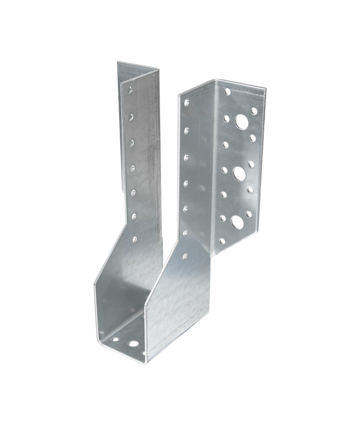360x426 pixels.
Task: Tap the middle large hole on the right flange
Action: [239, 172]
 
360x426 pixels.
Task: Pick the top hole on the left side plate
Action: [131, 90]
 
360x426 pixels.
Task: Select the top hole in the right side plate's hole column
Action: [187, 103]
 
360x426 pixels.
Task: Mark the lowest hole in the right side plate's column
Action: [184, 255]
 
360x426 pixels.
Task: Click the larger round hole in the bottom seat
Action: [133, 344]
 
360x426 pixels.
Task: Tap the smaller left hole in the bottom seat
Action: [116, 338]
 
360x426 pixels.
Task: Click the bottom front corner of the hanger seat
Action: [145, 362]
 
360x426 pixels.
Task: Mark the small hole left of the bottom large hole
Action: [223, 218]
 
